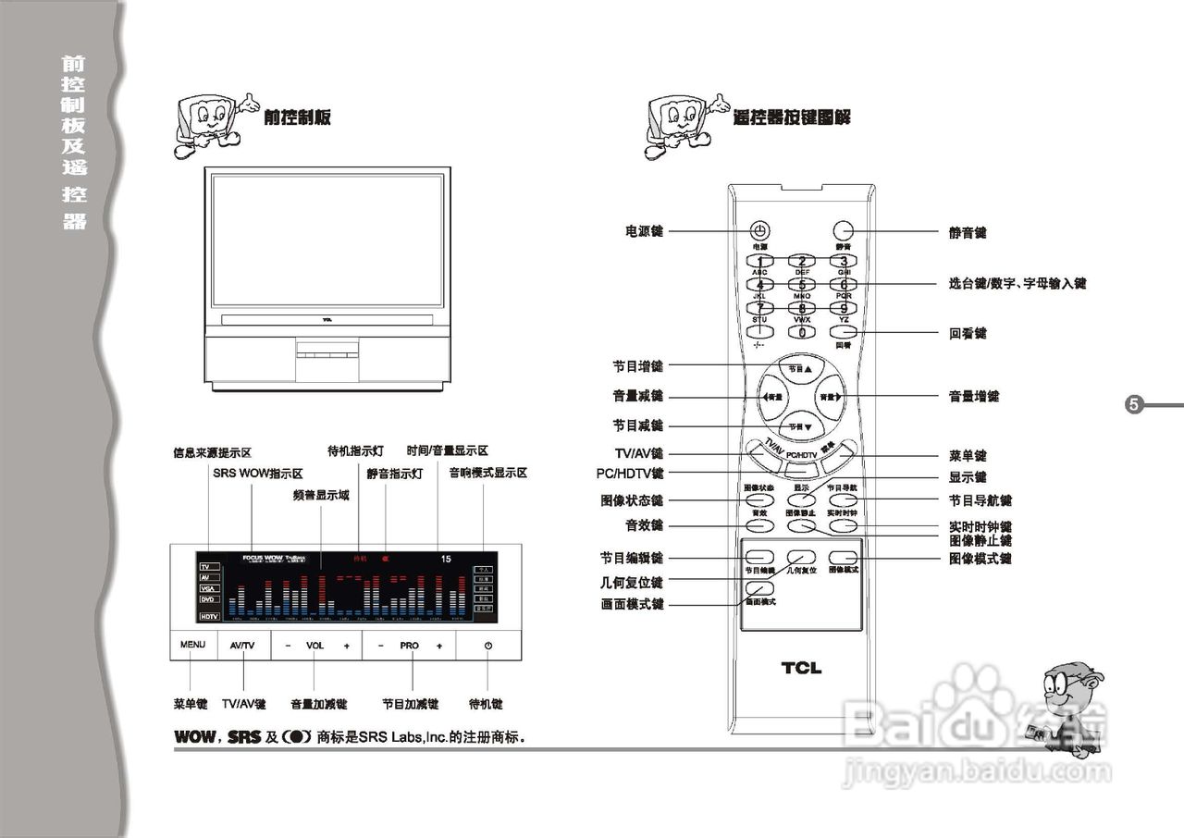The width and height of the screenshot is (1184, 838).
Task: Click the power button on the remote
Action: (758, 231)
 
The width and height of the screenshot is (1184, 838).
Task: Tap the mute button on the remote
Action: (842, 231)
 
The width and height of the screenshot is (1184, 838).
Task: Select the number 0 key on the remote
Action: (801, 332)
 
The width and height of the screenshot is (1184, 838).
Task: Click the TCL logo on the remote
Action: (800, 668)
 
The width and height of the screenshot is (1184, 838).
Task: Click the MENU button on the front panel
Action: (192, 646)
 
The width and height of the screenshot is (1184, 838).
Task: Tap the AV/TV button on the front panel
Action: (242, 646)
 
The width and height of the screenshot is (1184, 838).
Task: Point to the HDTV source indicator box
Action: (210, 616)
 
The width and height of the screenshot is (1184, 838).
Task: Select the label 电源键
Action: (643, 231)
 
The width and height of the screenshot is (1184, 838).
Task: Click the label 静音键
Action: (968, 232)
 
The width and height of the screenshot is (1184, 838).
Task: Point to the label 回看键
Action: (968, 333)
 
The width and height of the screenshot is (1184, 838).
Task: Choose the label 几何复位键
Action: (632, 583)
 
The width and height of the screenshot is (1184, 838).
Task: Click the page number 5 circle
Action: (1134, 405)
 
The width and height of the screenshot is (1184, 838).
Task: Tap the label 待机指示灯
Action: (355, 451)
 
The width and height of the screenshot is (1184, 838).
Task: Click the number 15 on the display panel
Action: (446, 559)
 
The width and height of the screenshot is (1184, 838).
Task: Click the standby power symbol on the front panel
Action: (487, 646)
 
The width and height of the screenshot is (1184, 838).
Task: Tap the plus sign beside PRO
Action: (439, 646)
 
